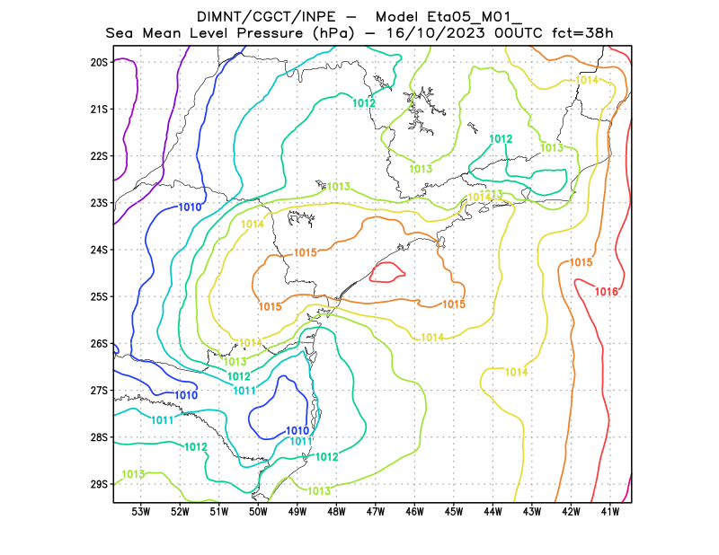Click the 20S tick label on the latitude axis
99,63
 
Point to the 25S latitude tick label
99,296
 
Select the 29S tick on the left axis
99,484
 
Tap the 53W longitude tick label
140,512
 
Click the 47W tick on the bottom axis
376,512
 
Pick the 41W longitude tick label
610,512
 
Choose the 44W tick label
493,512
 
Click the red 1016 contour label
607,292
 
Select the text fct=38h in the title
581,33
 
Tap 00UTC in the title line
515,33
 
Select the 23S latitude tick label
99,203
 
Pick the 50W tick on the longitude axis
258,512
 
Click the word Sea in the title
120,33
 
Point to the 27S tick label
99,391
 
